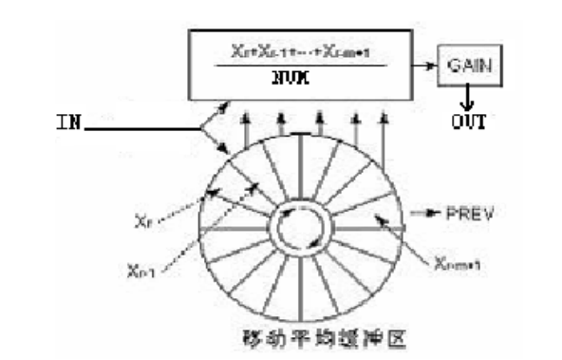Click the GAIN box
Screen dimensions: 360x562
pyautogui.click(x=468, y=66)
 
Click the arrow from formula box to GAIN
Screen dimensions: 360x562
pyautogui.click(x=425, y=67)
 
